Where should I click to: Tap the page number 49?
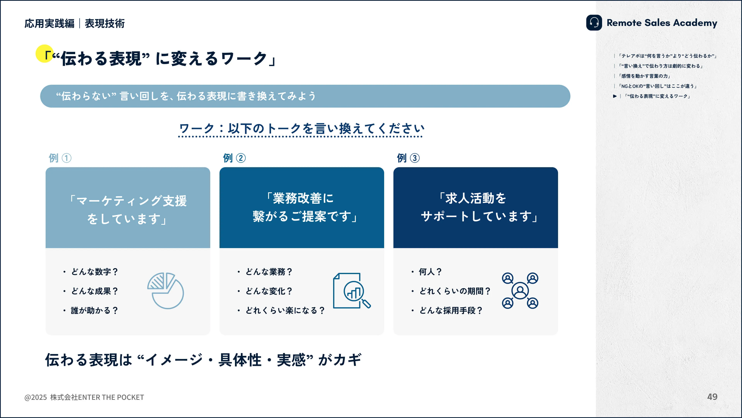pos(712,397)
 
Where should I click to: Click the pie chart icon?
pos(165,290)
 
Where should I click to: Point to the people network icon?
pos(520,290)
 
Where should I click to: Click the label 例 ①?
pos(60,158)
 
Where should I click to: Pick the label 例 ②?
pos(234,158)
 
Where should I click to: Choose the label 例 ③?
pos(408,158)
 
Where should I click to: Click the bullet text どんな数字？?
pos(95,272)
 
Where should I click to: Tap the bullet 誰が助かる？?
pos(95,311)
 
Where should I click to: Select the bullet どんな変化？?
pos(269,291)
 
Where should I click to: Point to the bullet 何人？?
pos(430,272)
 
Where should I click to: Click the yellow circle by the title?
pos(44,53)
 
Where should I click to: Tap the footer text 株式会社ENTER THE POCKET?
pos(97,397)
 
